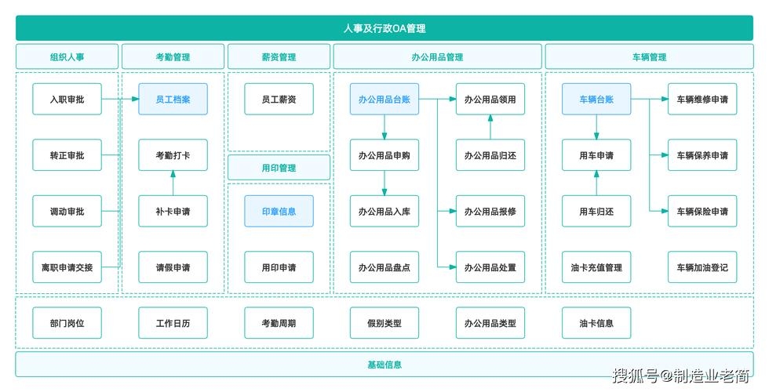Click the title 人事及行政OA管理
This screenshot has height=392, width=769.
point(384,28)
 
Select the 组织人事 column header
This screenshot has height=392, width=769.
point(67,57)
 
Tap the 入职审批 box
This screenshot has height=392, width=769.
point(67,100)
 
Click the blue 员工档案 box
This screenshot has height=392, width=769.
point(173,100)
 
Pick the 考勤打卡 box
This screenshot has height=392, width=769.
point(173,155)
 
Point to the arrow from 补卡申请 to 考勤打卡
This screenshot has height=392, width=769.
point(173,183)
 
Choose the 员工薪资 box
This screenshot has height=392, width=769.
point(279,100)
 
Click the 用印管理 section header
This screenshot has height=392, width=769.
point(279,168)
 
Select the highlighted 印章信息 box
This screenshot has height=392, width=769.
point(279,212)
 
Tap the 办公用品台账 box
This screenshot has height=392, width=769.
point(384,100)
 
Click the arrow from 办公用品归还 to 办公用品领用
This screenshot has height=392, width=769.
point(490,127)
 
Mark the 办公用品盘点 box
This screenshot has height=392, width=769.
point(384,267)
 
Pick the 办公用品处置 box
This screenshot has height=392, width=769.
point(490,267)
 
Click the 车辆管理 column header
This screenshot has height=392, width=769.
point(649,57)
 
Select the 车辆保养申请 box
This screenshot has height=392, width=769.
point(702,155)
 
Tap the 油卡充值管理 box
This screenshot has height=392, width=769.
point(596,267)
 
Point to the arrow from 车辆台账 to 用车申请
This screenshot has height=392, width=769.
point(596,127)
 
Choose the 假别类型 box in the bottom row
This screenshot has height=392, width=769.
point(384,323)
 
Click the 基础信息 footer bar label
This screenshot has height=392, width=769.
point(384,365)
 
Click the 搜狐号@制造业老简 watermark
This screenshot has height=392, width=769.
point(680,376)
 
